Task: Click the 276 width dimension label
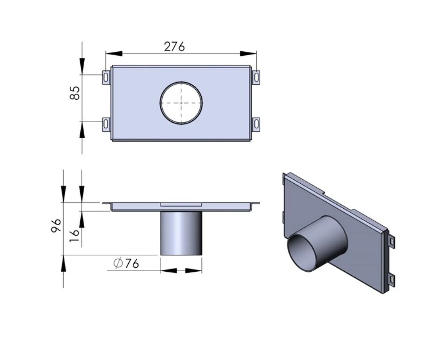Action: click(x=174, y=46)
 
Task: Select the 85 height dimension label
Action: click(x=75, y=93)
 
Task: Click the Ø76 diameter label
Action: click(x=127, y=264)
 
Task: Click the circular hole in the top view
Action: click(x=181, y=103)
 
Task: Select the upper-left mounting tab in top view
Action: click(x=106, y=77)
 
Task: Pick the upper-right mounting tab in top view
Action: click(x=257, y=77)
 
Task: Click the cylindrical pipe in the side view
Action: click(x=181, y=233)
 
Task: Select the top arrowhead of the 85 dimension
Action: click(x=82, y=66)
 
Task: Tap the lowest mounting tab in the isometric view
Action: click(x=391, y=280)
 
